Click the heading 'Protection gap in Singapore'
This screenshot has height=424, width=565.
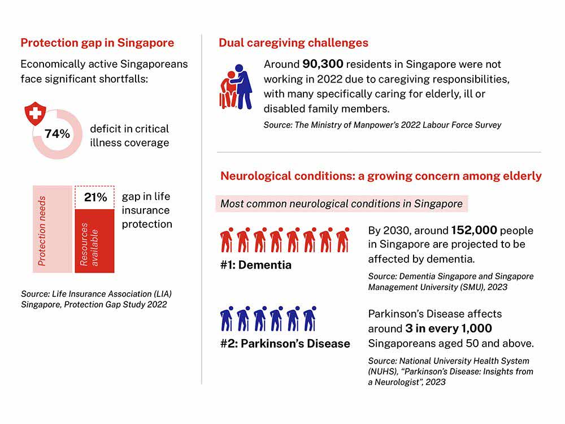97,43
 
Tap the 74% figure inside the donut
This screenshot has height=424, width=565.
57,134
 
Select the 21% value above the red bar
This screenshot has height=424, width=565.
95,197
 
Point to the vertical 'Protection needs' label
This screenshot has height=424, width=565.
42,230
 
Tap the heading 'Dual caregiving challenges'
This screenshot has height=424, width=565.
293,43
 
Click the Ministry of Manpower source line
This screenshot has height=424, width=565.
383,125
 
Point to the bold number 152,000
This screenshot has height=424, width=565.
474,231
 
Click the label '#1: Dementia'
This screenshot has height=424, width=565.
256,265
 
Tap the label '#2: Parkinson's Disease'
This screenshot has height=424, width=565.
285,344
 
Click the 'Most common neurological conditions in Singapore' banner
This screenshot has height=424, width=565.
341,204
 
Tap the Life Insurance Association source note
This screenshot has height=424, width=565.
96,300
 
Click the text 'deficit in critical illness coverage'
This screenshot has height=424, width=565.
129,136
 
